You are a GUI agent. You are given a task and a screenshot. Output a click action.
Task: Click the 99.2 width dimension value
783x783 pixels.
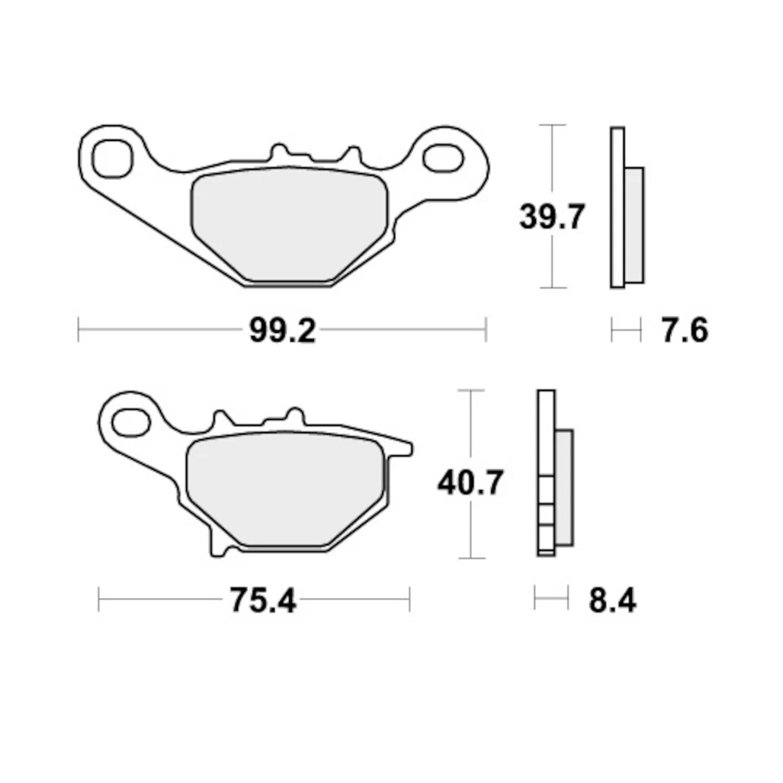click(x=281, y=331)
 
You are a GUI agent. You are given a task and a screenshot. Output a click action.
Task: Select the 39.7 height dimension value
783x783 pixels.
click(x=552, y=217)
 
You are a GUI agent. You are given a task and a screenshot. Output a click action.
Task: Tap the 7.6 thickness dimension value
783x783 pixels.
click(x=684, y=331)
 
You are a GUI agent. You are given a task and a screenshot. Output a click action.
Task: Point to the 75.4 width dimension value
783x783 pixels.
click(x=263, y=601)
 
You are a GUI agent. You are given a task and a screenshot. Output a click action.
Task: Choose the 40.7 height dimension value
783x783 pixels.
click(x=471, y=483)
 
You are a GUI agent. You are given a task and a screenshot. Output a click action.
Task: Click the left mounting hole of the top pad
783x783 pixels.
click(x=112, y=157)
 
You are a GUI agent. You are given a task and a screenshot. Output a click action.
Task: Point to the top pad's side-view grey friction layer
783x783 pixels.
click(x=634, y=224)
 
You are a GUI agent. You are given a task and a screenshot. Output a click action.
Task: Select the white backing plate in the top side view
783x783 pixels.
click(x=617, y=208)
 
